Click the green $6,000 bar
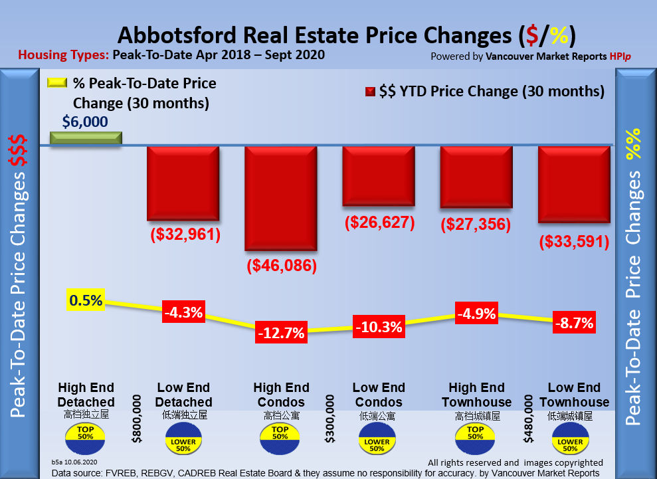pos(86,138)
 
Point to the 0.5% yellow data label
pos(86,300)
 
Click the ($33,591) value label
pos(574,241)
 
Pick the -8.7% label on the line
pos(574,324)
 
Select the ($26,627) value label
pos(379,223)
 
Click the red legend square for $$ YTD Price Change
pos(371,92)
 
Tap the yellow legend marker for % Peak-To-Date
pos(56,84)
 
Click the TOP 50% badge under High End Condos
pos(280,435)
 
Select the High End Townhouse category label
pos(476,395)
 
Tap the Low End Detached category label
pos(184,395)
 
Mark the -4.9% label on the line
pos(476,313)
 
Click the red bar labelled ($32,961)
pos(183,183)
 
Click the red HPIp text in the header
pos(620,56)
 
